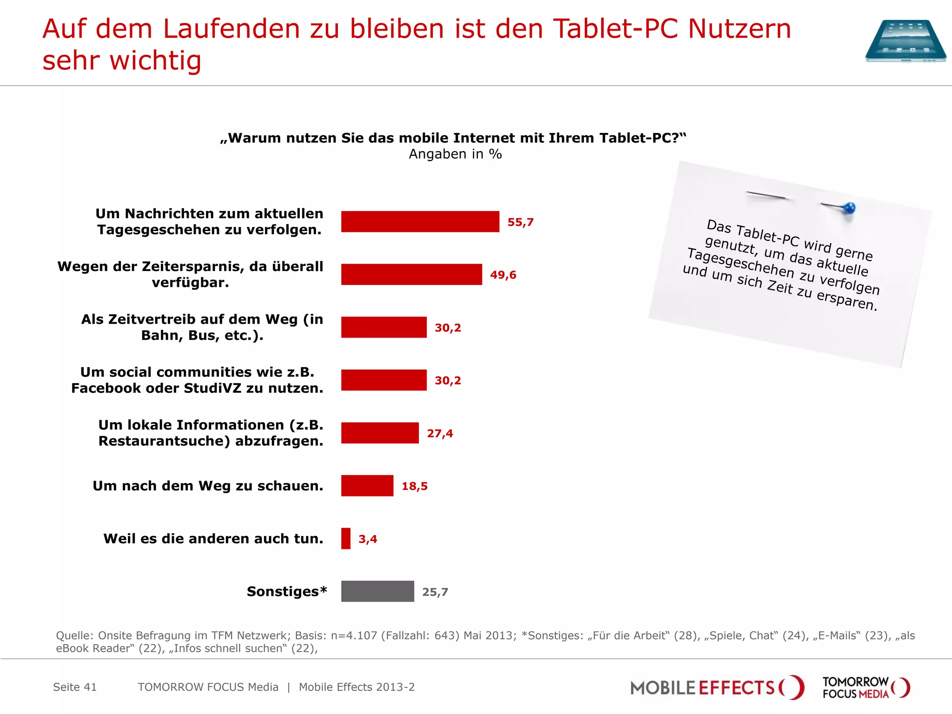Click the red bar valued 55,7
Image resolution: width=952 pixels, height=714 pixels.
point(420,222)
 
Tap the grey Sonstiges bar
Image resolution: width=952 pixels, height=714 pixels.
point(377,591)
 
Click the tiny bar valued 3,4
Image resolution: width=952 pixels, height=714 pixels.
point(346,539)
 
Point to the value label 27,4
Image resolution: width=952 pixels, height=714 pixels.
point(440,433)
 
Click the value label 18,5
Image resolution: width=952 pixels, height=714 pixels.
point(414,486)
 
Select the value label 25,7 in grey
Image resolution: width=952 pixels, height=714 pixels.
point(435,592)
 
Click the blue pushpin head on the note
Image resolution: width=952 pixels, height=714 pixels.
point(849,208)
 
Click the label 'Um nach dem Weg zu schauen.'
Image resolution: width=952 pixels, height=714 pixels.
point(208,486)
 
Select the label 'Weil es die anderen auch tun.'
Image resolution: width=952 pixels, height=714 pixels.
point(213,539)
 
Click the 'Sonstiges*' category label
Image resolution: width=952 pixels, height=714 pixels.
point(287,591)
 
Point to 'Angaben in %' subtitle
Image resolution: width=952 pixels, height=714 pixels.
point(455,154)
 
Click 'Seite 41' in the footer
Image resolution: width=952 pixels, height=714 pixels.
point(75,687)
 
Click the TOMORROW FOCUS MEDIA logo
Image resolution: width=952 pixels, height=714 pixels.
point(866,688)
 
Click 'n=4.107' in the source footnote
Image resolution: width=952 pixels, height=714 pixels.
point(354,635)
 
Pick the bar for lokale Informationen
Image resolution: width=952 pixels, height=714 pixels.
point(380,433)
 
